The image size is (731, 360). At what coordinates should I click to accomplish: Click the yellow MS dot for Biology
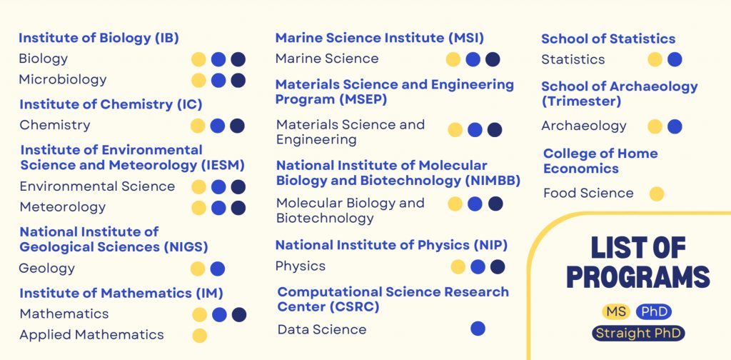[x=199, y=59]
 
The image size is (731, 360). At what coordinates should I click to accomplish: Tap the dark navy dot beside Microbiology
[x=238, y=80]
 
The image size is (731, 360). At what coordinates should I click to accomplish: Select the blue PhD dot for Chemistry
[x=218, y=126]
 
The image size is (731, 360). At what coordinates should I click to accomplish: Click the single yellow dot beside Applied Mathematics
[x=200, y=335]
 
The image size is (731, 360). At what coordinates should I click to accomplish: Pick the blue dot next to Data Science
[x=478, y=329]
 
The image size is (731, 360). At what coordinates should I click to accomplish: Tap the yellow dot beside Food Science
[x=657, y=194]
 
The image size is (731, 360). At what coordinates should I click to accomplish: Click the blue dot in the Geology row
[x=218, y=269]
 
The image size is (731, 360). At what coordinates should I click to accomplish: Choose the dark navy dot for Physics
[x=498, y=266]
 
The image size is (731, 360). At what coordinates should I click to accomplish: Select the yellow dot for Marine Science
[x=453, y=59]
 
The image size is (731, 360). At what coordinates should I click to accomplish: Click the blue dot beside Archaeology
[x=675, y=126]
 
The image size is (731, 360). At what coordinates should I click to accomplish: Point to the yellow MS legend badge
[x=615, y=311]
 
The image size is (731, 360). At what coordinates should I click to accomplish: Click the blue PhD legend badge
[x=654, y=311]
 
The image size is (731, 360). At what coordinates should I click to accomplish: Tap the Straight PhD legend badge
[x=638, y=333]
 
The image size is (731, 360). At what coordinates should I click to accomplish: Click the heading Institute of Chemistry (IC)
[x=111, y=104]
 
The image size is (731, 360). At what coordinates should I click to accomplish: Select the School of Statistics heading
[x=608, y=39]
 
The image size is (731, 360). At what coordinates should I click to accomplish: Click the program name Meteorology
[x=63, y=207]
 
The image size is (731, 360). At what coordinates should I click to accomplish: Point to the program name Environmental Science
[x=97, y=186]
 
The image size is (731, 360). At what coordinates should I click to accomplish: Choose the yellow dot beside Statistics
[x=655, y=59]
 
